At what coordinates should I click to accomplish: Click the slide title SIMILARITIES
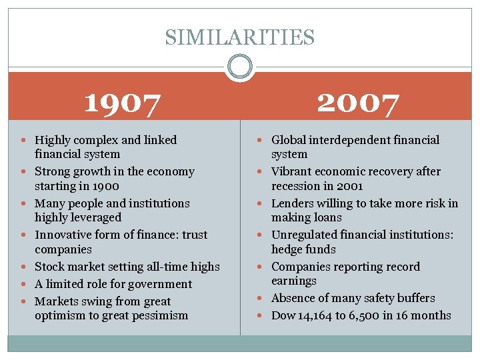[239, 37]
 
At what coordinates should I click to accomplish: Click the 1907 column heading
[123, 103]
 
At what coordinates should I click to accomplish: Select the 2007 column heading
[358, 103]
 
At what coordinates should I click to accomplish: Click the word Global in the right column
[289, 140]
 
